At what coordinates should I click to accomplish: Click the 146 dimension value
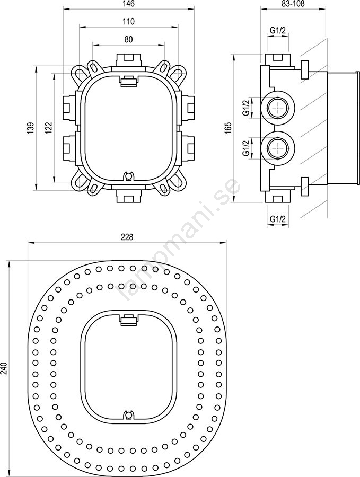point(129,4)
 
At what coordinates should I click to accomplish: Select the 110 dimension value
point(129,22)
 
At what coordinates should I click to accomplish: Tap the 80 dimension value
point(129,40)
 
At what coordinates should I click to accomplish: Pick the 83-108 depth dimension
point(293,4)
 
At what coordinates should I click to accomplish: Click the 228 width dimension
point(127,237)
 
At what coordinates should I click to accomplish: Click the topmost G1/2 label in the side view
point(277,30)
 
